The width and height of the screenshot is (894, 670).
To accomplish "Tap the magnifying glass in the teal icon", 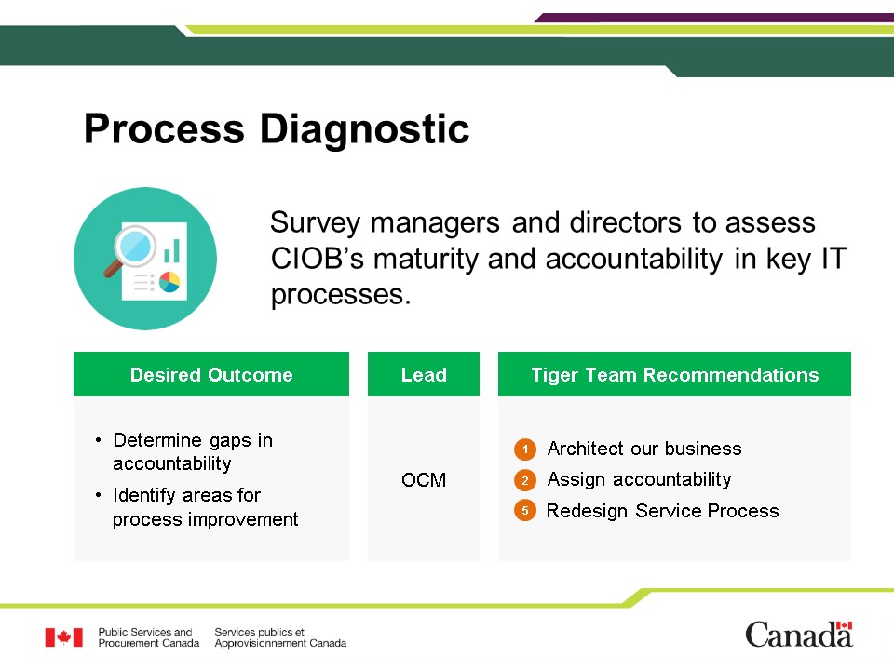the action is pos(130,250).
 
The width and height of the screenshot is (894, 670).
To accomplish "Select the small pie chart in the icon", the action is pos(169,281).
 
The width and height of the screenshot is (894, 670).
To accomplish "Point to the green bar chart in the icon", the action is pos(172,250).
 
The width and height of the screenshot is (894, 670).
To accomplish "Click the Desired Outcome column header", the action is pos(211,374).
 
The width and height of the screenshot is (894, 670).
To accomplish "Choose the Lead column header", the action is pos(424,374).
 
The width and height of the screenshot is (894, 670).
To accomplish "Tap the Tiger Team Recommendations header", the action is pos(674,374).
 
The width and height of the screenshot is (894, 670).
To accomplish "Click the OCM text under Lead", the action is pos(424,480).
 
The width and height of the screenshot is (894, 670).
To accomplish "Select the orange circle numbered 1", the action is pos(525,449).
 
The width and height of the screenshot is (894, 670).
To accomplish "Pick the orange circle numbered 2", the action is pos(525,480).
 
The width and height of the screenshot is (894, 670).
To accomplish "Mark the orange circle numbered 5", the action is pos(525,511).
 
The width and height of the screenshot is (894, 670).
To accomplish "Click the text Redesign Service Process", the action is pos(662,511).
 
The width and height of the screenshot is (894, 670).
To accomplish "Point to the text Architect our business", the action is pos(644,449).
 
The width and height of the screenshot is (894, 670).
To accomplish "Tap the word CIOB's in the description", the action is pos(317,259).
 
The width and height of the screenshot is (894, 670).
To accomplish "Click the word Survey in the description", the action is pos(315,222).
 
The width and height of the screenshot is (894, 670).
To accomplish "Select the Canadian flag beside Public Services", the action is pos(64,636).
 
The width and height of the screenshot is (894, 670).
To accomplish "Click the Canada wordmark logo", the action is pos(799,634).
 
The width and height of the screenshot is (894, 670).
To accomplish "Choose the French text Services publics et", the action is pos(260,632).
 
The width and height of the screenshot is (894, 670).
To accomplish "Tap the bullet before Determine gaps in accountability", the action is pos(99,440).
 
